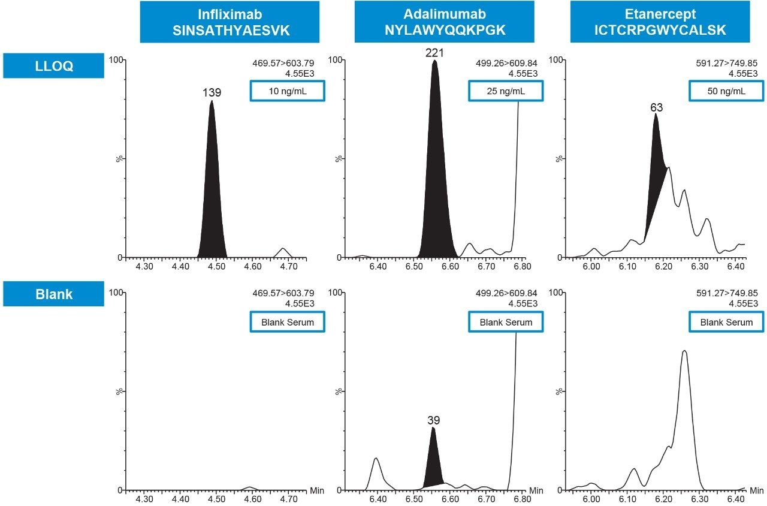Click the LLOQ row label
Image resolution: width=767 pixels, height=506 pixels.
[53, 66]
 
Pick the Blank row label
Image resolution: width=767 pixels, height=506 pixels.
[53, 294]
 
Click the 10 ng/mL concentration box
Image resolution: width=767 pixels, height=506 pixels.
[288, 91]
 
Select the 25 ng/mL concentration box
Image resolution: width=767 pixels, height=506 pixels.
[506, 91]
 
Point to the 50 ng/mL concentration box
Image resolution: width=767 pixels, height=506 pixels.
[726, 91]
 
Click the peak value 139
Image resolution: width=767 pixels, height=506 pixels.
[212, 93]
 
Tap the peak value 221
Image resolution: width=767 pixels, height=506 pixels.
[434, 53]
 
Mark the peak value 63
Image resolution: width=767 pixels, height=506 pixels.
[656, 107]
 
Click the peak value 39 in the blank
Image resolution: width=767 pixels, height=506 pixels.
[433, 420]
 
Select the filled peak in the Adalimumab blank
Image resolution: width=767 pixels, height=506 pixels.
[433, 462]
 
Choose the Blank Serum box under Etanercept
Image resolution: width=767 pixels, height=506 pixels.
[726, 322]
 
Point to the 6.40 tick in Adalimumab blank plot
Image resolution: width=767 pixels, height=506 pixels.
[378, 499]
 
